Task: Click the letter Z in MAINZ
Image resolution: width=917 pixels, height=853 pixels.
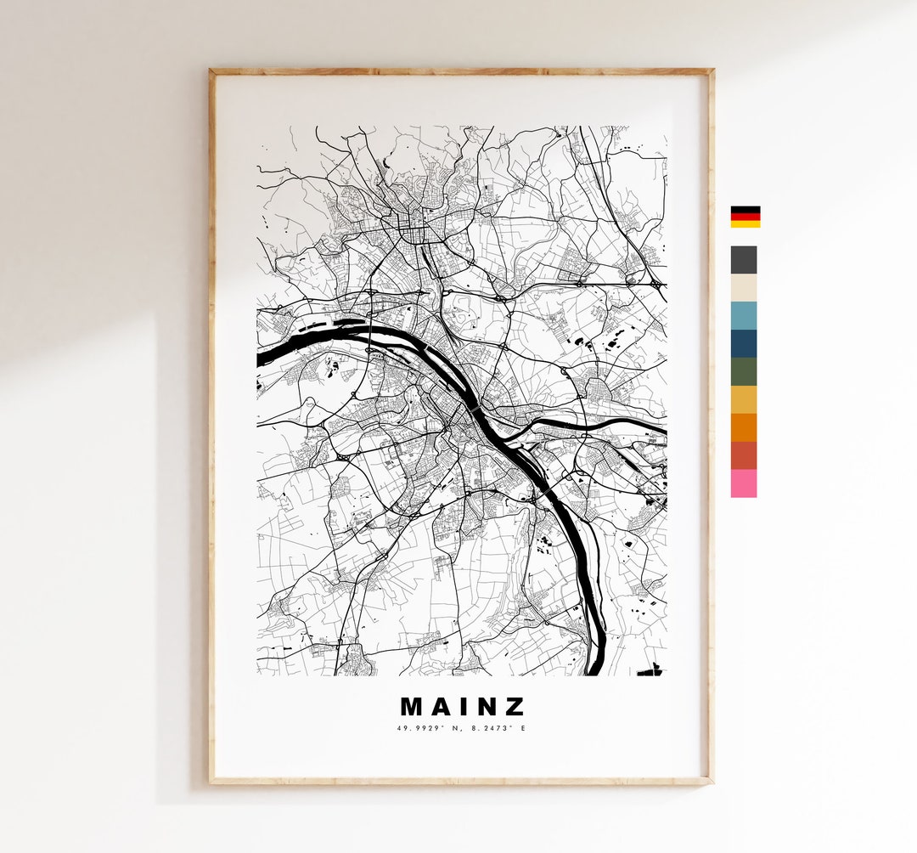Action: pyautogui.click(x=515, y=707)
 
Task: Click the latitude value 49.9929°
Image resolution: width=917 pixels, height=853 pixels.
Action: pyautogui.click(x=421, y=728)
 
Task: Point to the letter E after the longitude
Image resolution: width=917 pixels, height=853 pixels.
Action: pyautogui.click(x=523, y=728)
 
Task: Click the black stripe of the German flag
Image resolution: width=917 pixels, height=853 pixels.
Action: pyautogui.click(x=745, y=209)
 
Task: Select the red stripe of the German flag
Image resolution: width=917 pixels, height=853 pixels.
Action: pyautogui.click(x=745, y=217)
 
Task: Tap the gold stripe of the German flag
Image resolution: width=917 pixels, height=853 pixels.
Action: pyautogui.click(x=745, y=223)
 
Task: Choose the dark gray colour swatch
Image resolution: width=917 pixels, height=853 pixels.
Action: pyautogui.click(x=744, y=260)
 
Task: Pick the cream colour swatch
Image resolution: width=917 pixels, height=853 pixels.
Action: pyautogui.click(x=744, y=288)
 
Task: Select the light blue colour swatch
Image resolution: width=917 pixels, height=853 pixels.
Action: pyautogui.click(x=744, y=316)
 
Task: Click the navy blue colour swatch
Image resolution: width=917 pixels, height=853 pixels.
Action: pyautogui.click(x=744, y=344)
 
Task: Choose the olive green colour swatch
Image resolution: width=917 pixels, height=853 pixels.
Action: pyautogui.click(x=744, y=372)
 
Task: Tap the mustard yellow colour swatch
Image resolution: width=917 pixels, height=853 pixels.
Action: pyautogui.click(x=744, y=399)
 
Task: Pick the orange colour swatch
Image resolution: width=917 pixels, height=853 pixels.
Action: pyautogui.click(x=744, y=427)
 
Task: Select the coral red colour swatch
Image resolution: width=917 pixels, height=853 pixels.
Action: pyautogui.click(x=744, y=455)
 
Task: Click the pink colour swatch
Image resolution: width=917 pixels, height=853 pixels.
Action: pyautogui.click(x=744, y=483)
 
